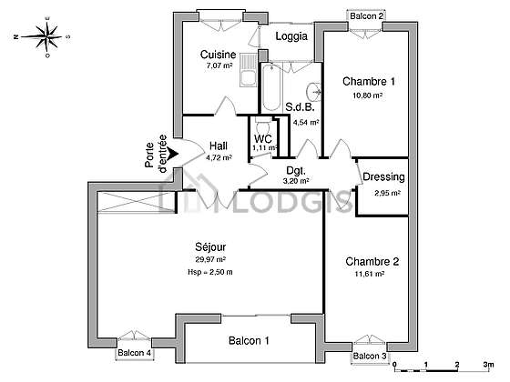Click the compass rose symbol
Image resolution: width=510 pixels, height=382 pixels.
(x=47, y=36)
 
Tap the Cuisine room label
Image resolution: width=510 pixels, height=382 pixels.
(x=218, y=55)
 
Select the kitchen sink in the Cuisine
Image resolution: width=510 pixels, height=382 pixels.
(x=248, y=71)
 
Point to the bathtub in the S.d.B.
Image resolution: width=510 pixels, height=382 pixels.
(x=271, y=87)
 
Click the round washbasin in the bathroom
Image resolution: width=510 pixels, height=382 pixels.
(x=313, y=90)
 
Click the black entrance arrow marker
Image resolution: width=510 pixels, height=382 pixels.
(x=173, y=154)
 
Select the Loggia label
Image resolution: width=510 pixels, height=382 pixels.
(x=291, y=36)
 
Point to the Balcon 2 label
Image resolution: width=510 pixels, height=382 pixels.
(x=366, y=15)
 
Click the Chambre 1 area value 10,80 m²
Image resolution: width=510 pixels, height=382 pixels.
(x=368, y=95)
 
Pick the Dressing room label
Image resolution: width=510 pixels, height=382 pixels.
(x=383, y=177)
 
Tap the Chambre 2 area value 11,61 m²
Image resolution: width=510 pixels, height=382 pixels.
(x=370, y=274)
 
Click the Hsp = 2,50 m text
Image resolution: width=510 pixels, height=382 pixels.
(x=210, y=272)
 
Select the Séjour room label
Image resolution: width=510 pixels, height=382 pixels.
(x=210, y=246)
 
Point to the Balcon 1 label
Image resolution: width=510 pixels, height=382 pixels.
(x=249, y=341)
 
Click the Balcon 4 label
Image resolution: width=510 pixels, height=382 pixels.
(x=135, y=353)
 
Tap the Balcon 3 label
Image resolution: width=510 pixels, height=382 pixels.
(x=370, y=356)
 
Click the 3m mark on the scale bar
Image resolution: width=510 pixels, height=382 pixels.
(x=488, y=365)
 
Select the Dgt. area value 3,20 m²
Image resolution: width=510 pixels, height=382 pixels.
(x=296, y=181)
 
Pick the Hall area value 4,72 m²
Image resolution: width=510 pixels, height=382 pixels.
(x=219, y=158)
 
